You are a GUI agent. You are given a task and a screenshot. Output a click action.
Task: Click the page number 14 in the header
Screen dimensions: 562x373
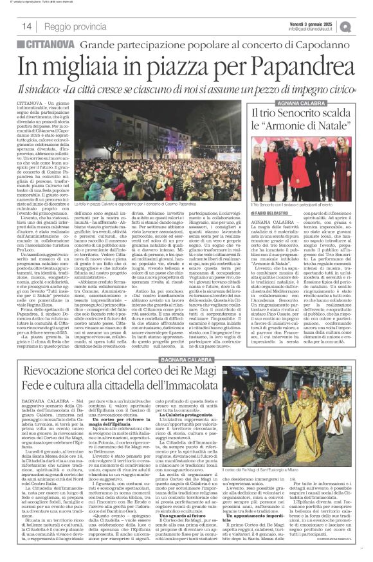[x=27, y=26]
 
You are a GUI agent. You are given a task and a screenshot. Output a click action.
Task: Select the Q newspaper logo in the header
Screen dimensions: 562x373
[x=363, y=25]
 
